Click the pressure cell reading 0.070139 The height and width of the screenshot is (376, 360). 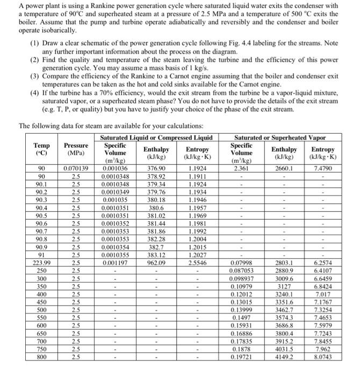pos(75,168)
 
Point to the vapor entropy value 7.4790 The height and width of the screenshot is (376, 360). pos(322,168)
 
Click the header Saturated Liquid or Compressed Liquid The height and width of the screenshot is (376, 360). pos(156,137)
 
